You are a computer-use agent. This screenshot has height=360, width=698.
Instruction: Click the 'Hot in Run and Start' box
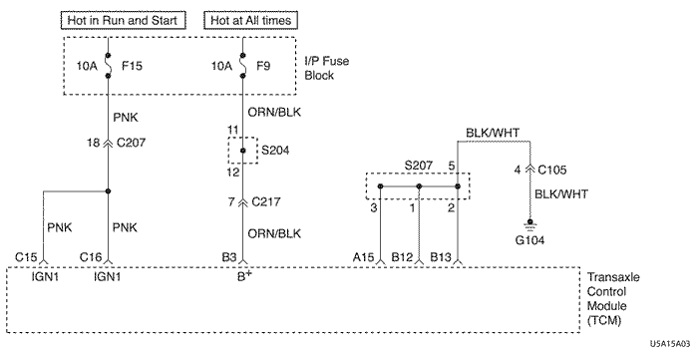tap(123, 21)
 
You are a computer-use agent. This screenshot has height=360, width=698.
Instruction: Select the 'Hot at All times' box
tap(250, 21)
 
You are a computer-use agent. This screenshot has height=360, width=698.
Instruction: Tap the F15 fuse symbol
tap(108, 66)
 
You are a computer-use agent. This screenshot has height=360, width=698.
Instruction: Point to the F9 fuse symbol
tap(242, 66)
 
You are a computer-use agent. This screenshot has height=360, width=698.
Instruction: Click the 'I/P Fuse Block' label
tap(326, 68)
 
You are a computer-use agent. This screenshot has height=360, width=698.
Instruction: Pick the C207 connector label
tap(131, 143)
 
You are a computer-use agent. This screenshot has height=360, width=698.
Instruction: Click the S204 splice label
tap(275, 151)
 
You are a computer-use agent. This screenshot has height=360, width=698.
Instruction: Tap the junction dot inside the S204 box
tap(242, 151)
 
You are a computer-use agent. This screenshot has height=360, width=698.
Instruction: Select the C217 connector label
tap(266, 202)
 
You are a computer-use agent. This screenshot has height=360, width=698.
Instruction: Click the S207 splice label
tap(418, 166)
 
